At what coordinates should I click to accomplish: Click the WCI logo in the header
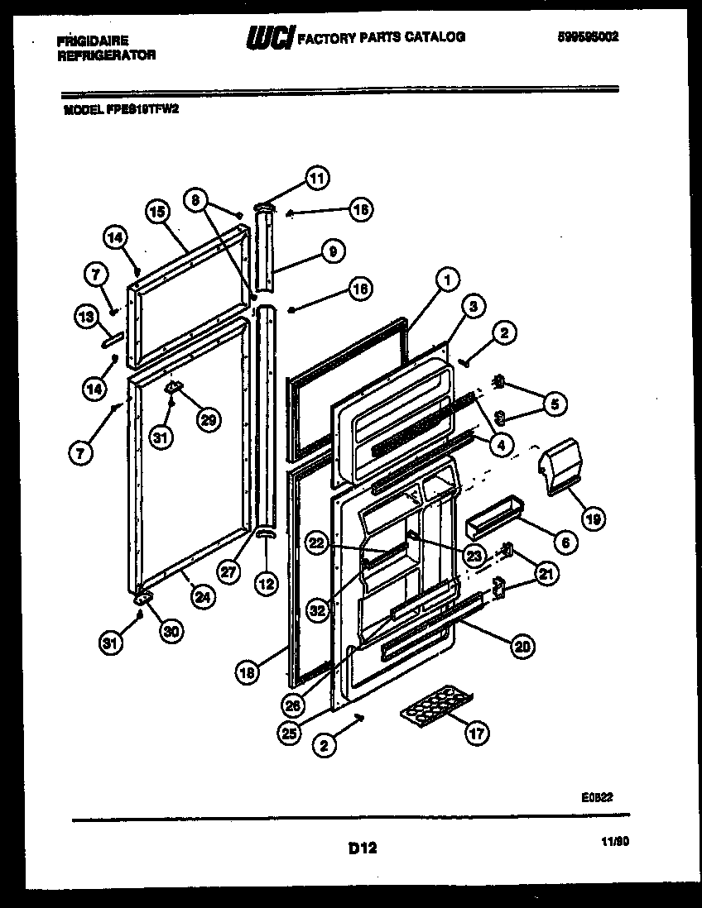coord(270,38)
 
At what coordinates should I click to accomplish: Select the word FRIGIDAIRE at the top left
coord(93,40)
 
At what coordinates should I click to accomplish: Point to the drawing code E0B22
coord(596,797)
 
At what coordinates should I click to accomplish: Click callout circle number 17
coord(478,733)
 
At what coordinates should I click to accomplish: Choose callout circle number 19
coord(593,519)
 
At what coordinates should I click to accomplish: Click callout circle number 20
coord(522,647)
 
